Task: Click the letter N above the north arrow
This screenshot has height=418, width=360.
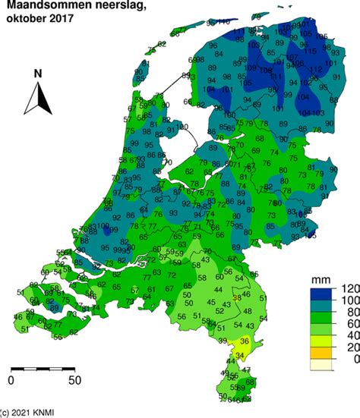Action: (x=37, y=74)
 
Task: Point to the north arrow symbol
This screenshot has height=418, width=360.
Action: (x=37, y=99)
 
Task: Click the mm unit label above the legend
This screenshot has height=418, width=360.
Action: (x=321, y=280)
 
